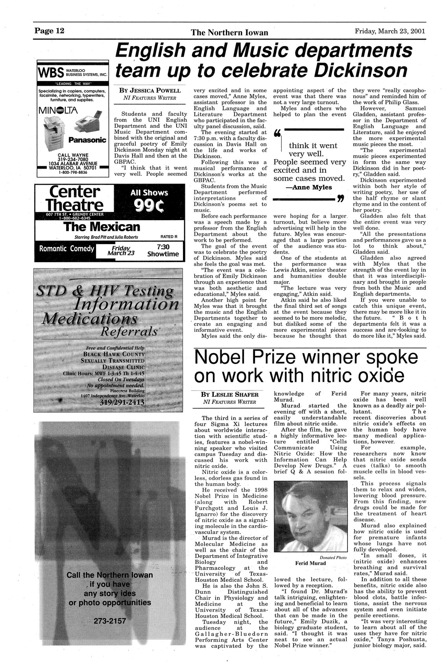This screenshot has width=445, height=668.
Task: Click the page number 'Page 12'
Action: (x=49, y=31)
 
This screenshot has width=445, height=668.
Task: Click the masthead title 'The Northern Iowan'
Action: (x=229, y=33)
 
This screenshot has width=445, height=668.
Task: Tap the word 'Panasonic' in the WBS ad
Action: (x=87, y=140)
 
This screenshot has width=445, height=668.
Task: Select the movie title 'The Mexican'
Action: (x=102, y=227)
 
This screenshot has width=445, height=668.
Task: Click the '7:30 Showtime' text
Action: (x=163, y=250)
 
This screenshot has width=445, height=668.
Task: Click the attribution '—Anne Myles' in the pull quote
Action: (x=308, y=187)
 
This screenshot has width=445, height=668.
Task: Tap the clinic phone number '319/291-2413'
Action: (x=122, y=403)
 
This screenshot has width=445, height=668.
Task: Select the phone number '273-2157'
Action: (x=110, y=621)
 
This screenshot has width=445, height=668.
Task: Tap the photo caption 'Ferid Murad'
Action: (x=310, y=563)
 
